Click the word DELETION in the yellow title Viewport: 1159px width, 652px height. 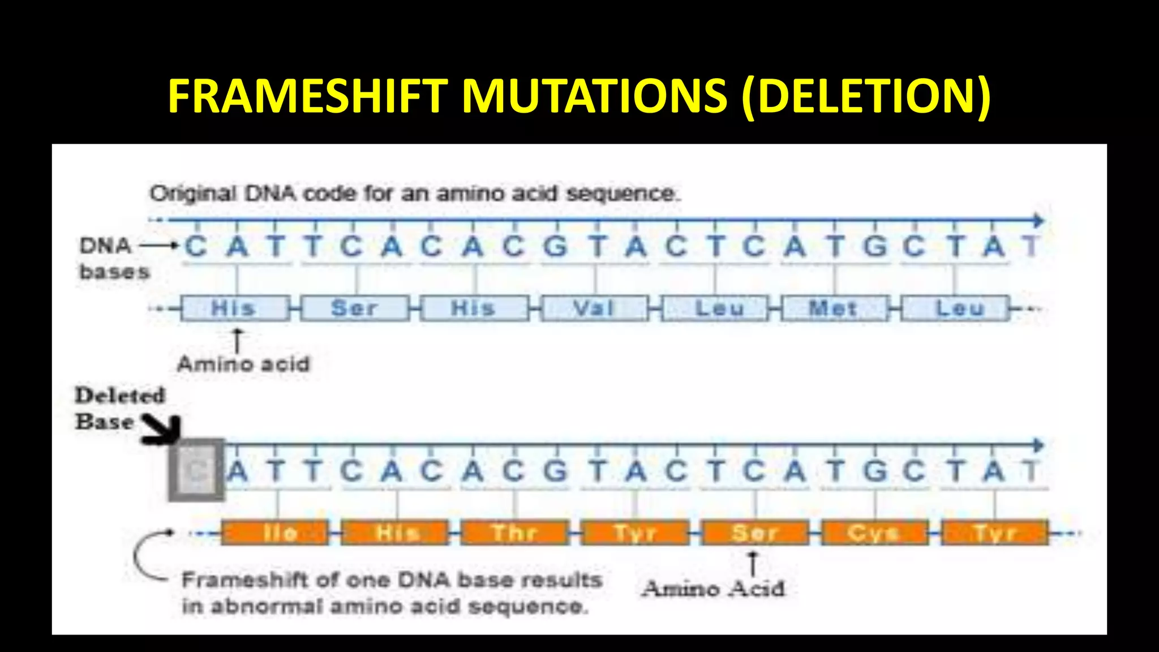(866, 96)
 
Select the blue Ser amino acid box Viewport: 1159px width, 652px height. (354, 308)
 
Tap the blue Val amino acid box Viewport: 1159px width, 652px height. (594, 308)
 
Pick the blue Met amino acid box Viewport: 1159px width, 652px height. (834, 308)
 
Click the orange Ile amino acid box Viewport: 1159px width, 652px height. (275, 533)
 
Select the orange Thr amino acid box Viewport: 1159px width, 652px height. (514, 533)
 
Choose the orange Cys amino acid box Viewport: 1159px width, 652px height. (874, 533)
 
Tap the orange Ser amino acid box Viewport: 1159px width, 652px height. (755, 533)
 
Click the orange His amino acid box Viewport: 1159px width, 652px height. (395, 533)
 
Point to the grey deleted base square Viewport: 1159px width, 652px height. (196, 470)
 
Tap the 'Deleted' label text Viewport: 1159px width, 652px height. (120, 396)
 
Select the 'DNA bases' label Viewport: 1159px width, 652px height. (114, 259)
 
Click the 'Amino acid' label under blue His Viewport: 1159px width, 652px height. (243, 364)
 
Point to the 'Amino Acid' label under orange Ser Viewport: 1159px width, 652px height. (713, 589)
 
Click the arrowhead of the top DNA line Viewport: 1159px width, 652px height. (1038, 220)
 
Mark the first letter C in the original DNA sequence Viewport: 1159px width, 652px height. (196, 247)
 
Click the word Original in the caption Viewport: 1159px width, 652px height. (192, 194)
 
